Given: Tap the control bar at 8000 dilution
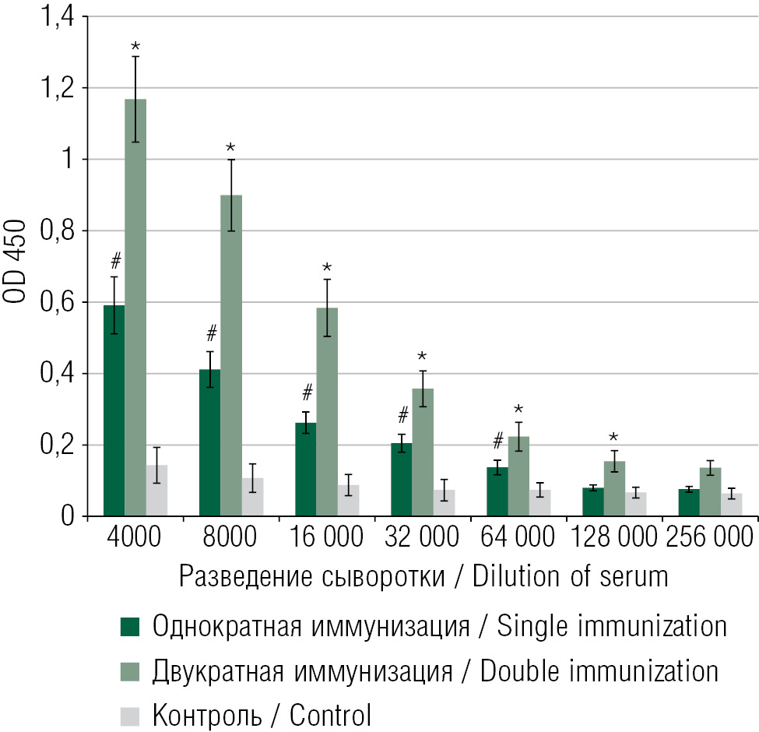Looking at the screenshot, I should (252, 497).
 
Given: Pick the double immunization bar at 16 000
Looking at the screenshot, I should (327, 412).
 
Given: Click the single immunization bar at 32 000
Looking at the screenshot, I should (402, 480).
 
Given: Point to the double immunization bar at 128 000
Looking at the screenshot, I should (614, 488).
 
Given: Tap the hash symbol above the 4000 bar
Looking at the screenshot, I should (115, 260).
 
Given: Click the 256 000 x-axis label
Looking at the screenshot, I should (710, 537).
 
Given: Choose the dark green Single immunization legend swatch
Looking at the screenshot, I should (129, 625).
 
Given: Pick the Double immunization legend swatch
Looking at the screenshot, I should (129, 670).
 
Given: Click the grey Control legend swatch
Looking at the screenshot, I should (129, 713).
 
